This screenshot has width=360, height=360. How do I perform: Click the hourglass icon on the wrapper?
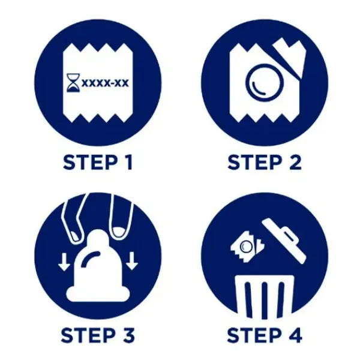click(x=73, y=83)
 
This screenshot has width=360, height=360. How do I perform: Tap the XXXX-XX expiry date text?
click(x=105, y=83)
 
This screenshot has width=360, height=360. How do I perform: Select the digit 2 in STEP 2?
click(x=294, y=163)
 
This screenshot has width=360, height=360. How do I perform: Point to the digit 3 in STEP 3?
click(x=128, y=335)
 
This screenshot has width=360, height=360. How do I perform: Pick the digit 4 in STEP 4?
click(x=295, y=335)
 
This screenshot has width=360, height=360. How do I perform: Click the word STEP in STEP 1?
click(x=91, y=163)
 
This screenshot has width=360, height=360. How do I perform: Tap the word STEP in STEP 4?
click(x=254, y=335)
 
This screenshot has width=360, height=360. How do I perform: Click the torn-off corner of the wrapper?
click(x=290, y=58)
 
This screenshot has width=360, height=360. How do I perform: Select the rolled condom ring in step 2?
click(x=265, y=82)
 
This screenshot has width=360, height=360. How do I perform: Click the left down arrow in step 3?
click(x=64, y=262)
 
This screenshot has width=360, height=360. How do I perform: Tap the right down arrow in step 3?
click(x=131, y=261)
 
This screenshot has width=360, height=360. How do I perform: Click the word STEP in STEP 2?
click(x=255, y=163)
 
